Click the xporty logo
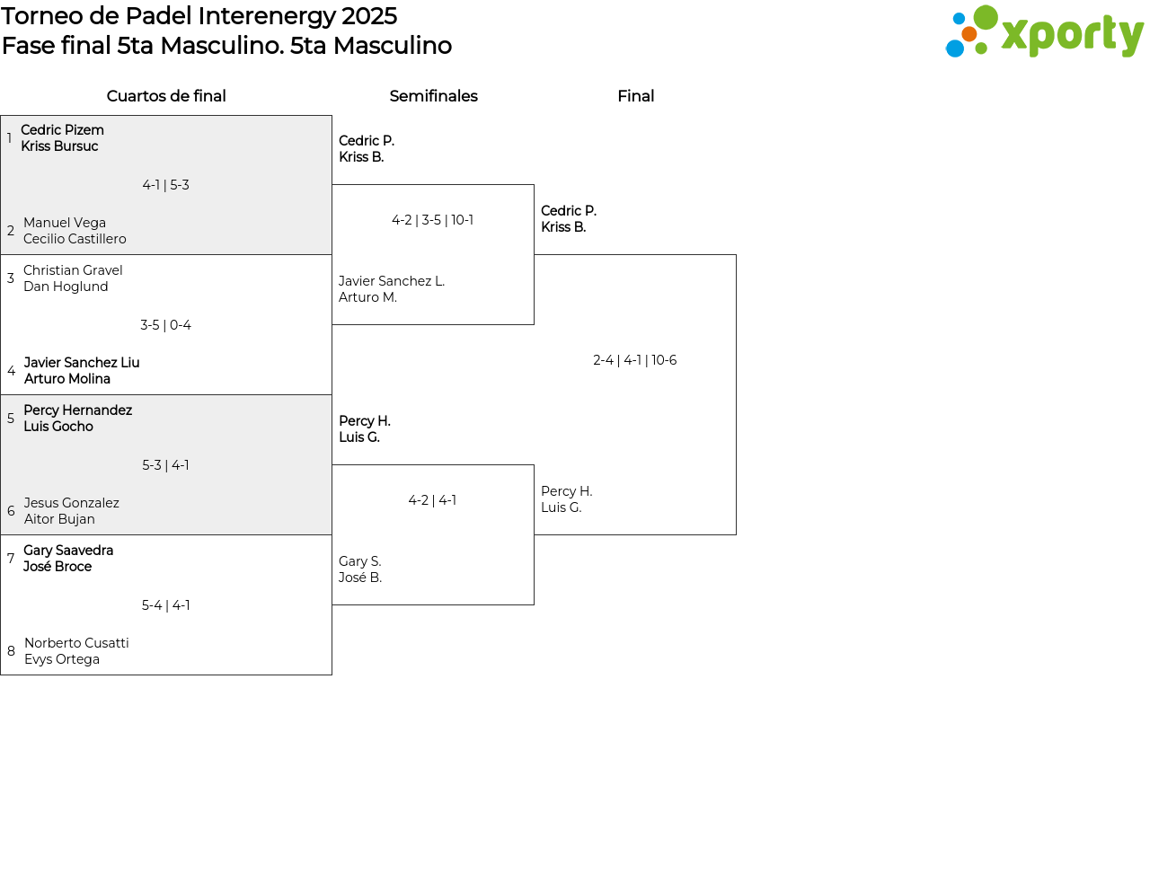pos(1044,32)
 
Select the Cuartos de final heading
pos(166,96)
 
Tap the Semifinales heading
pos(433,96)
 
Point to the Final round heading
pos(635,96)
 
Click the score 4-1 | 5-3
pos(165,185)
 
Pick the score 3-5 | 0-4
pos(165,325)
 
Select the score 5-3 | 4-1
pos(165,465)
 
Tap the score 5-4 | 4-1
pos(165,605)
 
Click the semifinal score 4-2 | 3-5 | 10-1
pos(432,220)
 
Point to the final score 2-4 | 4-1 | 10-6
pos(634,360)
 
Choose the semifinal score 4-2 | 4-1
pos(432,500)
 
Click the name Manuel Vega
pos(65,223)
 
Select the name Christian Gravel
pos(73,270)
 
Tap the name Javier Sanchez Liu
pos(82,363)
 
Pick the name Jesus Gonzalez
pos(71,503)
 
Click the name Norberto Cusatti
pos(76,643)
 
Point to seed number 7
pos(11,559)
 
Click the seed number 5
pos(11,419)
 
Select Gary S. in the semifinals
pos(359,561)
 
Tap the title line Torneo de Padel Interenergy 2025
pos(199,16)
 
